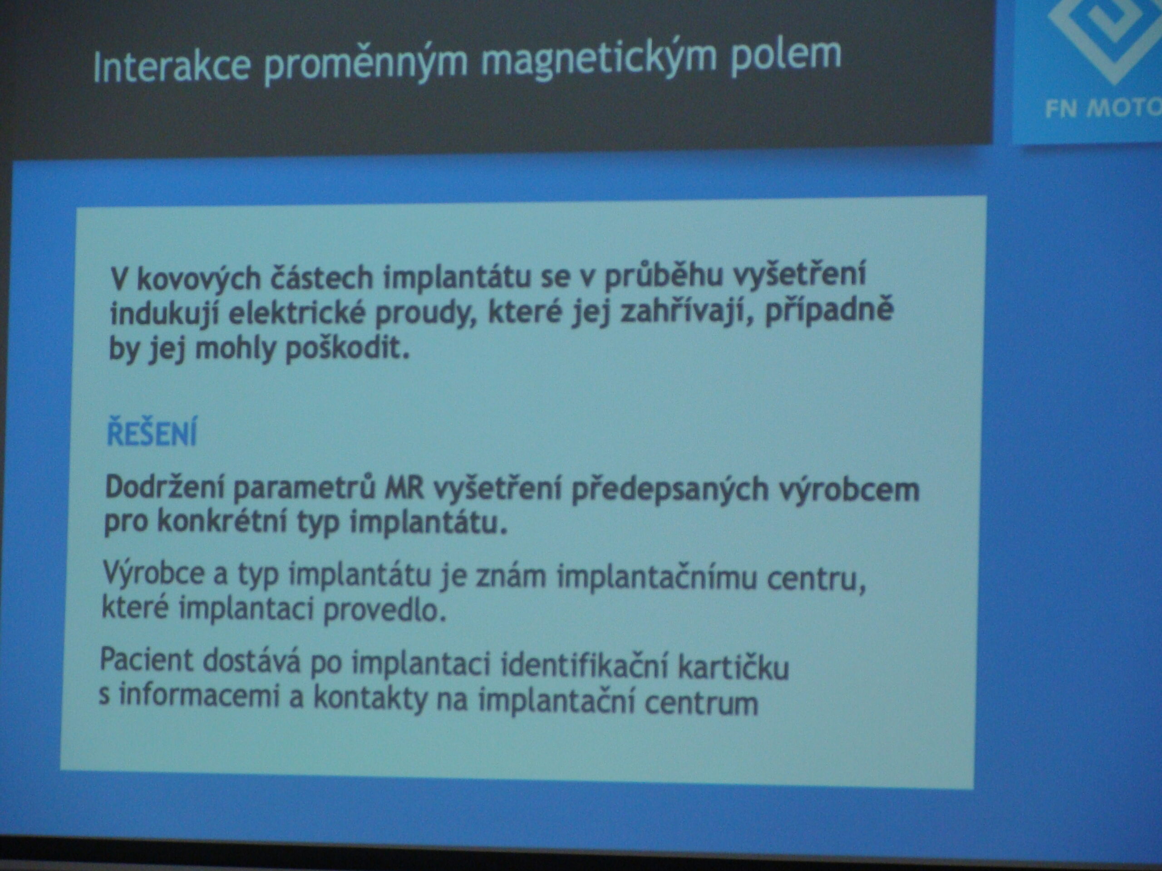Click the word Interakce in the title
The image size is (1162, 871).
click(x=172, y=66)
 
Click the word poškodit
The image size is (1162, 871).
click(x=347, y=348)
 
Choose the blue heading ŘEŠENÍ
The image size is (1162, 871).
click(x=152, y=433)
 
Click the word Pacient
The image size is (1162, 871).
click(x=148, y=660)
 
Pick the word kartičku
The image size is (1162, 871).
click(x=734, y=667)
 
